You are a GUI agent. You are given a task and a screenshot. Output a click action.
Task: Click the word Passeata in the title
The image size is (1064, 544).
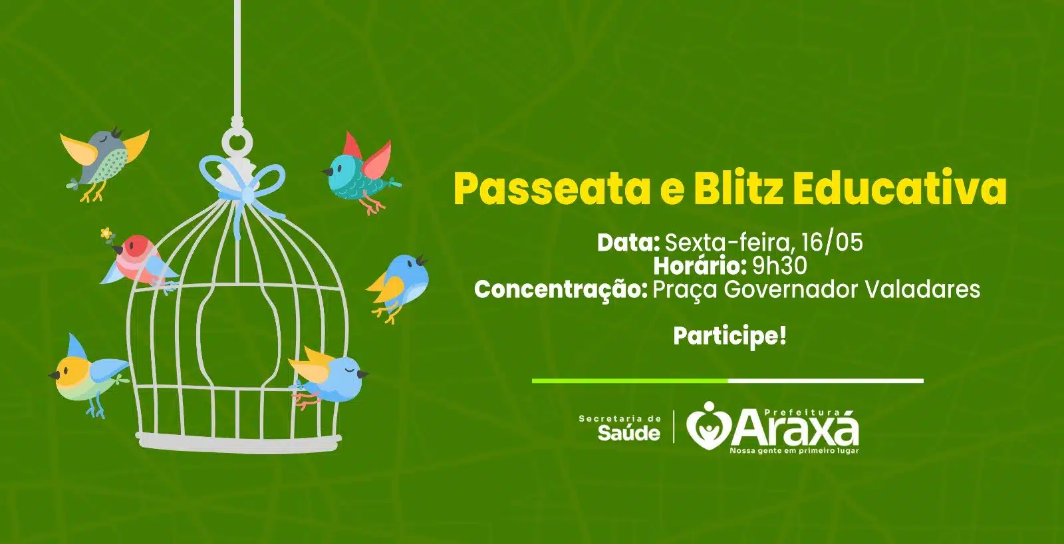(x=552, y=189)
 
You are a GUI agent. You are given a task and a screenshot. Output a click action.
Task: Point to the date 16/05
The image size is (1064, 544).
(x=832, y=242)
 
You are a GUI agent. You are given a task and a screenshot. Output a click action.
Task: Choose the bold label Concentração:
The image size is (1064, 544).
(x=561, y=290)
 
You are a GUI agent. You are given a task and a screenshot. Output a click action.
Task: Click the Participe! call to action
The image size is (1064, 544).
(x=730, y=337)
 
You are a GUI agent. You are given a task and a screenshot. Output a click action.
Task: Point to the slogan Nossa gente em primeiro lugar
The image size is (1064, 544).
(x=794, y=450)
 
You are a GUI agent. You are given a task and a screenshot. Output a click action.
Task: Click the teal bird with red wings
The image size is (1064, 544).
(x=362, y=173)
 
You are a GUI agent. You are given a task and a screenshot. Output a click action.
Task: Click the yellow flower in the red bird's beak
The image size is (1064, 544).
(x=107, y=233)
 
